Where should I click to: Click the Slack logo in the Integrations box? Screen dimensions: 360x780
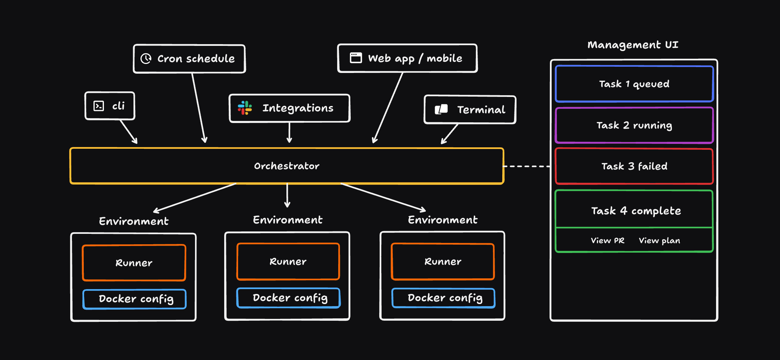[245, 108]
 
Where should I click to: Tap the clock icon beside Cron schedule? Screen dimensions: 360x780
[146, 58]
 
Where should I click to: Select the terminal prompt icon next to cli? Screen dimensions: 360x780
[99, 106]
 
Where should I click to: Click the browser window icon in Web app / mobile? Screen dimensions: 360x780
[356, 58]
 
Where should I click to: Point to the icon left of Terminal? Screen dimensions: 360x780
[441, 109]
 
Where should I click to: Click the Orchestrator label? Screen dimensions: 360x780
[287, 166]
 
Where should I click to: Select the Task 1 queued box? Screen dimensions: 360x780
[634, 84]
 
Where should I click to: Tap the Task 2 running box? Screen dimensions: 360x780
[634, 125]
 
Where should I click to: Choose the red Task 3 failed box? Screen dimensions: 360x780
[634, 166]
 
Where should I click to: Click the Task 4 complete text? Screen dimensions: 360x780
[636, 211]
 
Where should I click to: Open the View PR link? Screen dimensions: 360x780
[608, 240]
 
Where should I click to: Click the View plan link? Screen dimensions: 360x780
[659, 240]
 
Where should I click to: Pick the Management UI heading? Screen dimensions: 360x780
[633, 45]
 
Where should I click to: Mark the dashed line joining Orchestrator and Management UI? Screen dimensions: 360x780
[527, 166]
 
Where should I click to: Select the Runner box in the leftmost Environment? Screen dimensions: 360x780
[134, 263]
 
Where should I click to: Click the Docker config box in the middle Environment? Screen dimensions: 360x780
[289, 298]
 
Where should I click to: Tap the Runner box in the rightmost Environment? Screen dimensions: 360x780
[442, 261]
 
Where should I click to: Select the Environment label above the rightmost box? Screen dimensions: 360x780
[442, 220]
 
